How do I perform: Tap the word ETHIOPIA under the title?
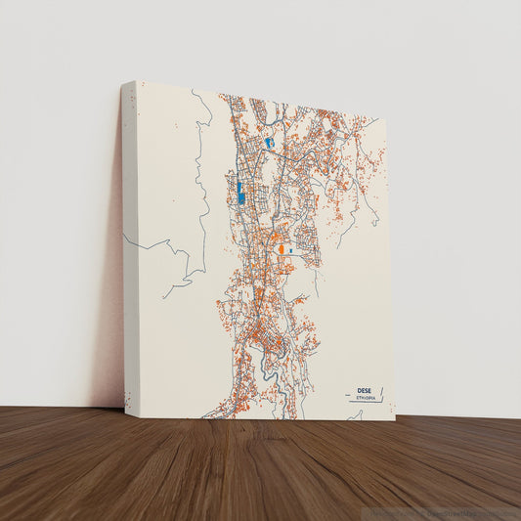tap(365, 398)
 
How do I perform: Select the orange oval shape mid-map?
tap(282, 250)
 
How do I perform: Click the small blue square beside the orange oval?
tap(291, 251)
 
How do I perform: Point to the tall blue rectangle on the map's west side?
tap(239, 191)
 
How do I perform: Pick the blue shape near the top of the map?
tap(269, 144)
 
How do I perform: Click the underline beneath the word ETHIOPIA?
tap(363, 402)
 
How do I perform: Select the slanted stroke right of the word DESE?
tap(381, 394)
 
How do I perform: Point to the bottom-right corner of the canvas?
tap(395, 419)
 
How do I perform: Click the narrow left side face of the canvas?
tap(129, 244)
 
